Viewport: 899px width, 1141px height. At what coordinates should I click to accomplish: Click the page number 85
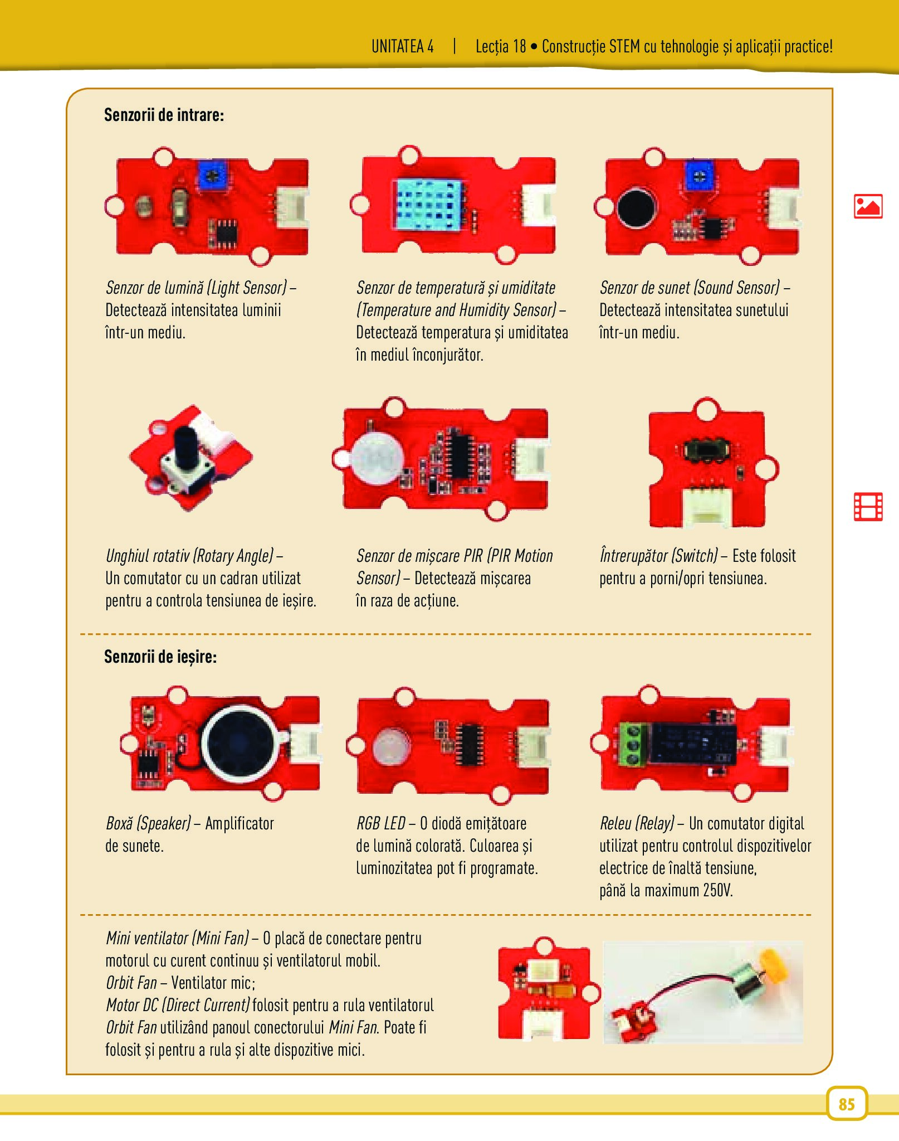click(x=846, y=1104)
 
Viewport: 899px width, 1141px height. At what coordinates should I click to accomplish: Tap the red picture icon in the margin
click(x=868, y=206)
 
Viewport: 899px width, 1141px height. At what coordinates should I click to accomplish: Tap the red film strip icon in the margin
click(x=868, y=507)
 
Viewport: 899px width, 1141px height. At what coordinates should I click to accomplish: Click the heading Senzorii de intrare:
click(x=164, y=115)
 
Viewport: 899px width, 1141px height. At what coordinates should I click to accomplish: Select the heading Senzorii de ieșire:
click(x=160, y=657)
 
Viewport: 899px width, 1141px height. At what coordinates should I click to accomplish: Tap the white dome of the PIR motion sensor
click(x=378, y=458)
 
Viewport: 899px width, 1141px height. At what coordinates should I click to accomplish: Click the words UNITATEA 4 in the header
click(x=402, y=46)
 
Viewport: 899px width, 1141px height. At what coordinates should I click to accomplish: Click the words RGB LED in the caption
click(x=381, y=823)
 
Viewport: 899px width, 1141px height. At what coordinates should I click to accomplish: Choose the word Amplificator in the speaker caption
click(x=240, y=824)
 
